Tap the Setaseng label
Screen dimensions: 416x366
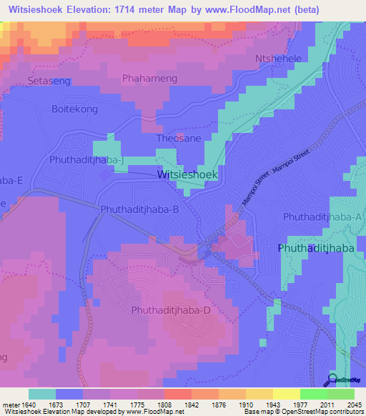(x=49, y=81)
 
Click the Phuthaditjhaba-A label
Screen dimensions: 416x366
(x=323, y=216)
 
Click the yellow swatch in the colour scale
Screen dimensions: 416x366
(x=287, y=394)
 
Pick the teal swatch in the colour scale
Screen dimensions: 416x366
(x=42, y=394)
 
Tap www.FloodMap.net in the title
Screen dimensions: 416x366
(x=247, y=9)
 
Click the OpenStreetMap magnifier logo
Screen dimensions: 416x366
(x=333, y=381)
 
